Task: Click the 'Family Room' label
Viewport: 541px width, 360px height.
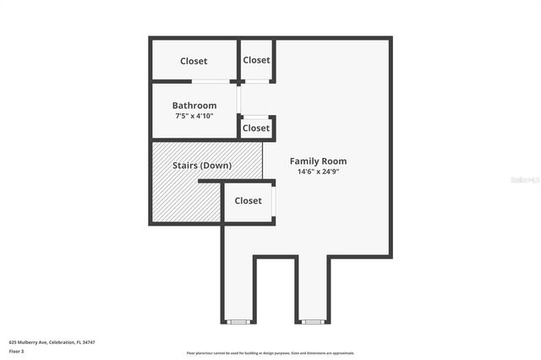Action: tap(318, 161)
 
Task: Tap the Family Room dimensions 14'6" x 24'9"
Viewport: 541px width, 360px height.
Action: tap(318, 172)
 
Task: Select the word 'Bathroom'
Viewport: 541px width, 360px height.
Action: tap(195, 106)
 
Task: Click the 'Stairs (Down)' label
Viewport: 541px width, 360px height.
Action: tap(202, 166)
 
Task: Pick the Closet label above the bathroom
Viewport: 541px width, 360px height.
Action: tap(194, 61)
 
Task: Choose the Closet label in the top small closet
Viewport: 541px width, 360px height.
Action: tap(256, 60)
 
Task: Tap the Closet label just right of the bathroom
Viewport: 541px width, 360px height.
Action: tap(255, 128)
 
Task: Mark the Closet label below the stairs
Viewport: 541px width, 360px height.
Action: tap(248, 201)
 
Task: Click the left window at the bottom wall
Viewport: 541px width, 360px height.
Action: tap(238, 322)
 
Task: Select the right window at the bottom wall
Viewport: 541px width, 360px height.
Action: tap(312, 322)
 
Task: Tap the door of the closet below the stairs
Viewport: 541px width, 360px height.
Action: tap(274, 202)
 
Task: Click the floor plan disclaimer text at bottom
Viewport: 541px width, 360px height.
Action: tap(270, 353)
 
